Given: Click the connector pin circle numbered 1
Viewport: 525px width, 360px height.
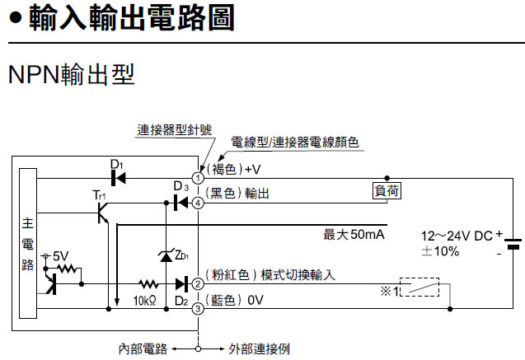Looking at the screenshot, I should pyautogui.click(x=198, y=177).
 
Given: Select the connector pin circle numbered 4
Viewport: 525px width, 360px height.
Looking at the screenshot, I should pyautogui.click(x=198, y=202).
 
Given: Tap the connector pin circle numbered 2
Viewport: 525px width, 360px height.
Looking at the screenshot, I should pyautogui.click(x=198, y=284).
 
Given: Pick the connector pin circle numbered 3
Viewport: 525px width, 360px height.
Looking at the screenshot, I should pyautogui.click(x=198, y=310).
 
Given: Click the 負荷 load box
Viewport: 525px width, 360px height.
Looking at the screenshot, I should pyautogui.click(x=387, y=190).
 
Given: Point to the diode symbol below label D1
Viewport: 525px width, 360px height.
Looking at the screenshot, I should pyautogui.click(x=117, y=177).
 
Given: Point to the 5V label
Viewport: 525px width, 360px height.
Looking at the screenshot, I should pyautogui.click(x=60, y=257).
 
